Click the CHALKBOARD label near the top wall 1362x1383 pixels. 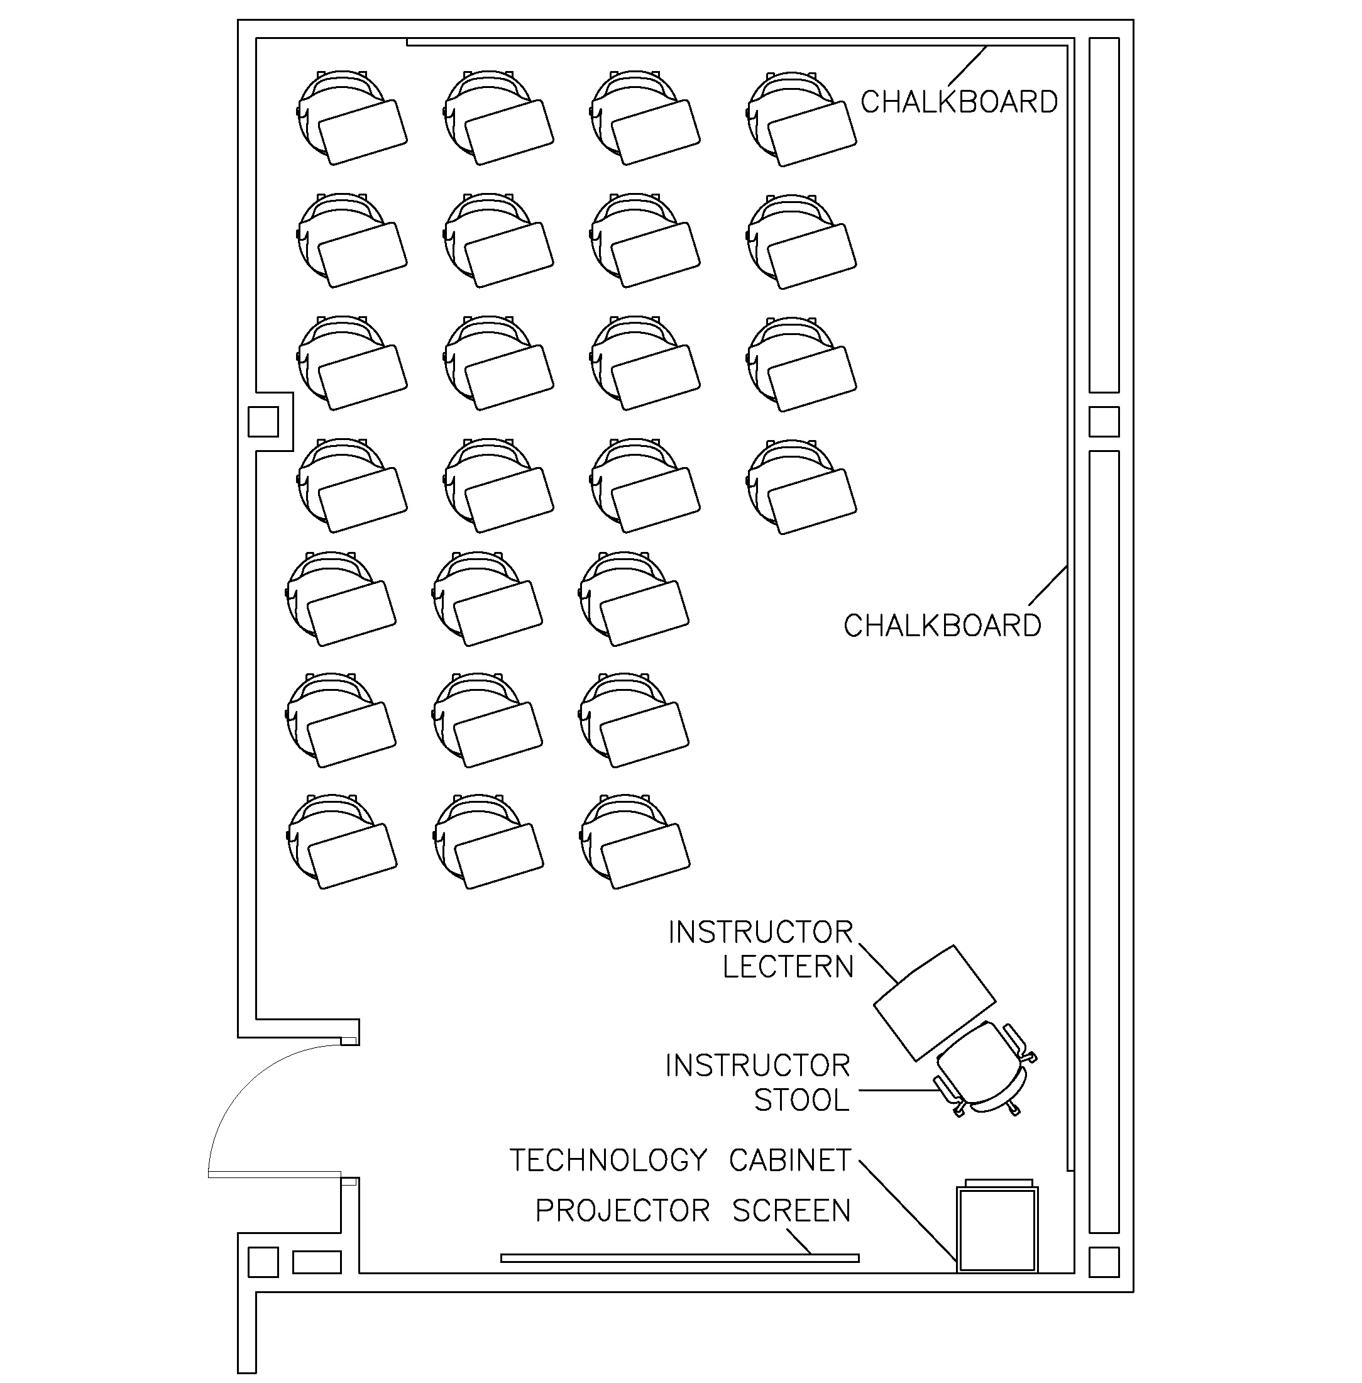pyautogui.click(x=958, y=102)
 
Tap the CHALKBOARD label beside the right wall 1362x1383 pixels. pyautogui.click(x=942, y=626)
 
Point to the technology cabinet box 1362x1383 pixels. pyautogui.click(x=997, y=1229)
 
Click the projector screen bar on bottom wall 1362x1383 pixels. pyautogui.click(x=679, y=1258)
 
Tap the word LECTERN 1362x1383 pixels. pyautogui.click(x=788, y=967)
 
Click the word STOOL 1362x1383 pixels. pyautogui.click(x=801, y=1100)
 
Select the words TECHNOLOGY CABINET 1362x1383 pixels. pyautogui.click(x=679, y=1160)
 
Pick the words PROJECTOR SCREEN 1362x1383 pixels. pyautogui.click(x=693, y=1211)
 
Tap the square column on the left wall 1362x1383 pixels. pyautogui.click(x=263, y=421)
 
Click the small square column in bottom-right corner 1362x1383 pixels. pyautogui.click(x=1103, y=1262)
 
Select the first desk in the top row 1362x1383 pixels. pyautogui.click(x=351, y=119)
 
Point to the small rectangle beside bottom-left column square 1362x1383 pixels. pyautogui.click(x=317, y=1262)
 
